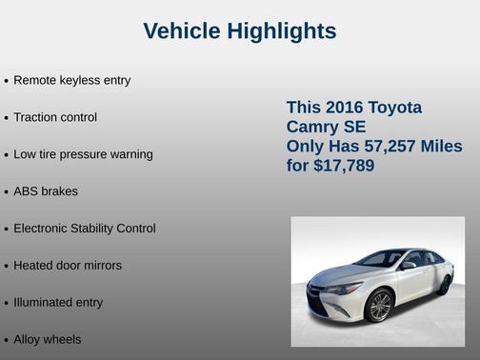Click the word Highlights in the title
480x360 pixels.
[283, 31]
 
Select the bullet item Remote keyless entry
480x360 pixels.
[71, 80]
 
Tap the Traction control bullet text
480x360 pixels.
[55, 117]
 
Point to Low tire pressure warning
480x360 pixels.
[83, 154]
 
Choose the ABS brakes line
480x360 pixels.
[46, 191]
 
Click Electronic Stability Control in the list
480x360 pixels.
[85, 229]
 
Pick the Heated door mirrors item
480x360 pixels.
[68, 266]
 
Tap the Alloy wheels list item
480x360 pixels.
[48, 340]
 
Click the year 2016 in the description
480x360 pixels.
[343, 108]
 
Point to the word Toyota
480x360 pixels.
[393, 108]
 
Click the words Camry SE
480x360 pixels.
[327, 128]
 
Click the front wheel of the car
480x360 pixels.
[380, 305]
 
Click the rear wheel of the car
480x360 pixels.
[444, 283]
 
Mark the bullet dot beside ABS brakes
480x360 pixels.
[7, 192]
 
